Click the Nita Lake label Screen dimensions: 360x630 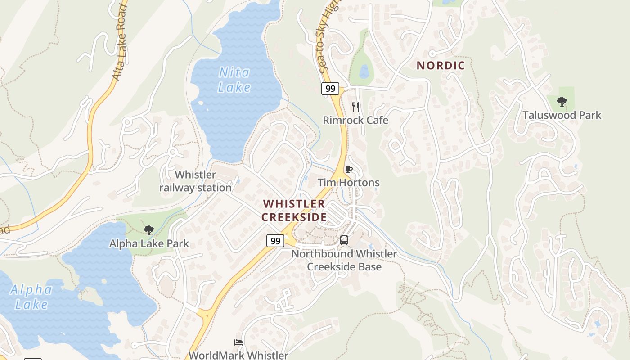pyautogui.click(x=234, y=80)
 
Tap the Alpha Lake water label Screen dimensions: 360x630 pyautogui.click(x=31, y=297)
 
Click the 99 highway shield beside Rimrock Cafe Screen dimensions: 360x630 pyautogui.click(x=330, y=89)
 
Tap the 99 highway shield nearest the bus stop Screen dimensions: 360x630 pyautogui.click(x=275, y=241)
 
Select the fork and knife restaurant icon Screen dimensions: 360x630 pyautogui.click(x=355, y=107)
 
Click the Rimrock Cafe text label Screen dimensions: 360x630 pyautogui.click(x=355, y=121)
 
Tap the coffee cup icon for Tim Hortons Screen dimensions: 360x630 pyautogui.click(x=348, y=170)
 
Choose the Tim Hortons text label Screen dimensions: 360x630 pyautogui.click(x=349, y=183)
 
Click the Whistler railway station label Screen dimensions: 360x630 pyautogui.click(x=195, y=181)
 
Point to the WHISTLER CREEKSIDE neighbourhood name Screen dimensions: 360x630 pyautogui.click(x=294, y=211)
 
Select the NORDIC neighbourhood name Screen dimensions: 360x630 pyautogui.click(x=441, y=66)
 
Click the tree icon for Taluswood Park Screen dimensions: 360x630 pyautogui.click(x=562, y=102)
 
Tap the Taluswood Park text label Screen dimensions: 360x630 pyautogui.click(x=562, y=115)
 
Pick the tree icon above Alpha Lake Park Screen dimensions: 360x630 pyautogui.click(x=148, y=230)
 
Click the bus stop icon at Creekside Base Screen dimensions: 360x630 pyautogui.click(x=344, y=240)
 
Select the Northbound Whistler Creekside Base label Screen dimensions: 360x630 pyautogui.click(x=344, y=260)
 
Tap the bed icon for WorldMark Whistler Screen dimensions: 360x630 pyautogui.click(x=238, y=342)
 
